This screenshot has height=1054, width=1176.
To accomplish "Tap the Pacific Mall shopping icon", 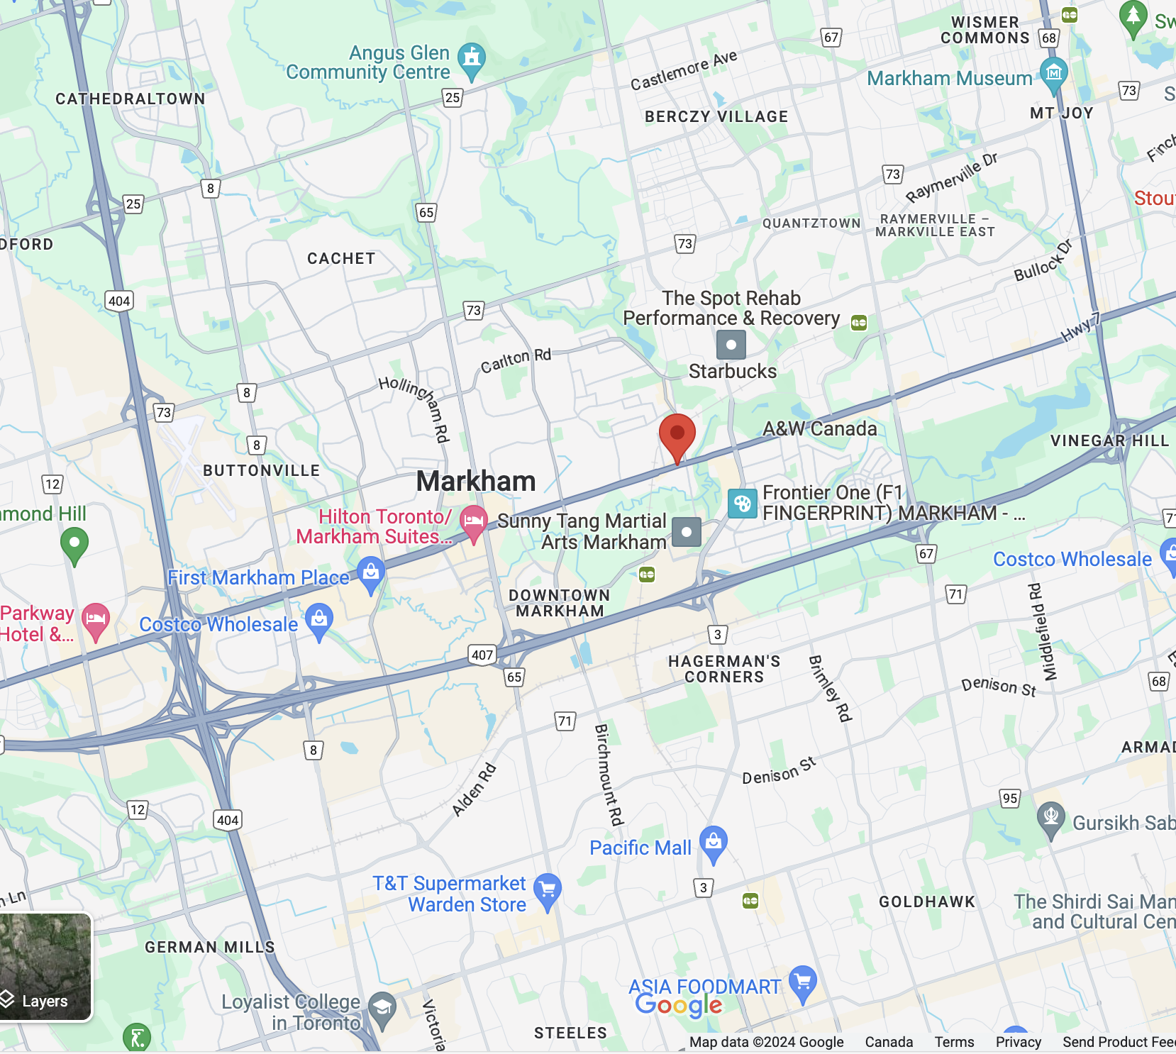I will (714, 842).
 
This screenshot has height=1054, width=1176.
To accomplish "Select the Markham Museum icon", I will (1053, 73).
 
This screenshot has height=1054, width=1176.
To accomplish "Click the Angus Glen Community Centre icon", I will (471, 59).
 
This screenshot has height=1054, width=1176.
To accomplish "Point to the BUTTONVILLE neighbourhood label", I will (261, 471).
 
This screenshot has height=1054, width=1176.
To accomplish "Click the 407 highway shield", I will (482, 655).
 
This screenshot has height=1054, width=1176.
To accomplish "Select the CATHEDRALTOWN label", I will (131, 99).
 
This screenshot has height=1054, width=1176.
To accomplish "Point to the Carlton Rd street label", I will (516, 361).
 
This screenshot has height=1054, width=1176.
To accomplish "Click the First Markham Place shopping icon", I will (371, 572).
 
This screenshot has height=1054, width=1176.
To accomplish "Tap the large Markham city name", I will (476, 482).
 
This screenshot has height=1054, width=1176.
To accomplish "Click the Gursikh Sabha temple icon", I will (1050, 817).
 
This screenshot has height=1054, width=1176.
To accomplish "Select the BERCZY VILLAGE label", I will (716, 117).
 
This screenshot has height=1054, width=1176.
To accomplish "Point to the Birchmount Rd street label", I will (609, 775).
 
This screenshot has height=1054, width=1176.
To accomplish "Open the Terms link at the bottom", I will (954, 1042).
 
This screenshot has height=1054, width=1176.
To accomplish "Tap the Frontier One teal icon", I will (743, 504).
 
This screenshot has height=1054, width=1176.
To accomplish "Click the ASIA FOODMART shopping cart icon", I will (803, 982).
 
